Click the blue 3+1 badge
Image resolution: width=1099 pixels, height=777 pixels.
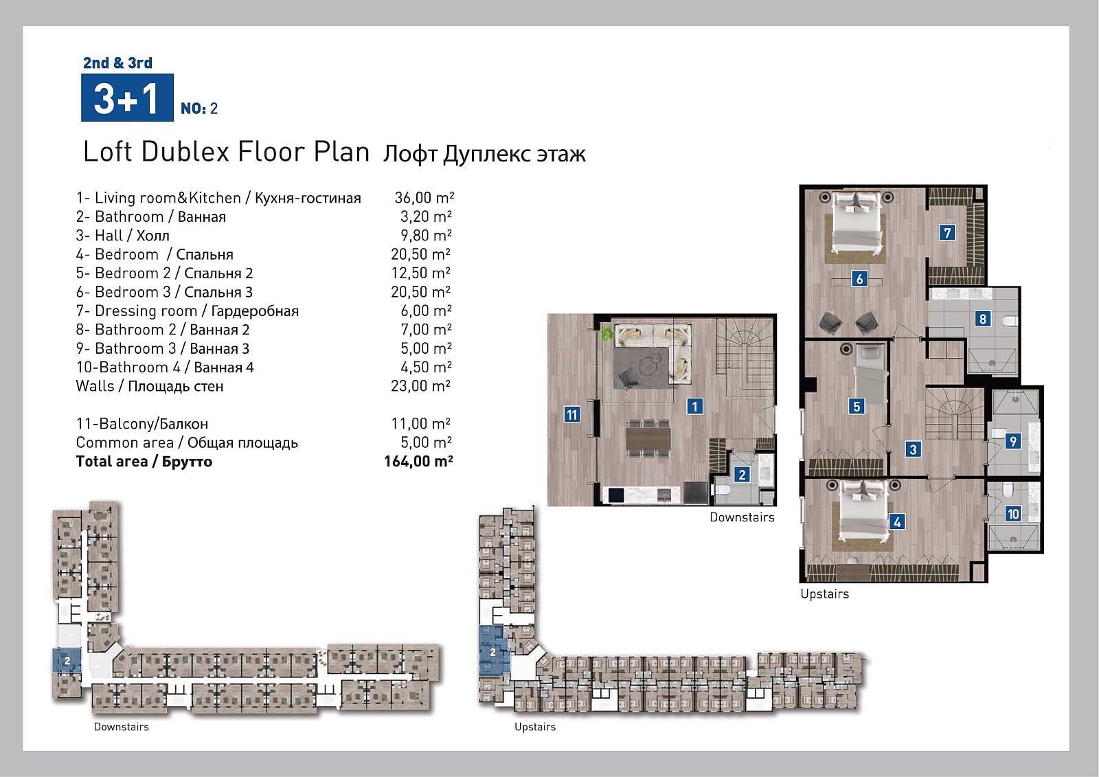coord(127,97)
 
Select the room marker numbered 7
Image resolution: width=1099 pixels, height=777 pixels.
coord(947,232)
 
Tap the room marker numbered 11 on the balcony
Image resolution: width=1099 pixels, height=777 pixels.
coord(571,415)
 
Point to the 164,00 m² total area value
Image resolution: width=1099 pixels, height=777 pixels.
coord(418,462)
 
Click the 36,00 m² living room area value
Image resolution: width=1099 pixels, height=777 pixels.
coord(424,197)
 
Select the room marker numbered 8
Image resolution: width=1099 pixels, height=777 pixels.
coord(982,319)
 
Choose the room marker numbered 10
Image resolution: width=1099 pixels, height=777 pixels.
coord(1012,514)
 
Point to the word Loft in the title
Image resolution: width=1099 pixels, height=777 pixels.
coord(107,151)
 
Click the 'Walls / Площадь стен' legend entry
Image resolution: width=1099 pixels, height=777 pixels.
coord(150,386)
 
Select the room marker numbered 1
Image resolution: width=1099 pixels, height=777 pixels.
coord(694,407)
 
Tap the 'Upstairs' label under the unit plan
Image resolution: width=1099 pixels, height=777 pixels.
coord(824,594)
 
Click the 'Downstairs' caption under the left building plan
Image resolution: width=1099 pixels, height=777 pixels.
coord(121,727)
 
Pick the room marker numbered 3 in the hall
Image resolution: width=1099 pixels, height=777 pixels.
coord(913,449)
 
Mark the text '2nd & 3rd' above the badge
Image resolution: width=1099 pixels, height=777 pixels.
coord(117,63)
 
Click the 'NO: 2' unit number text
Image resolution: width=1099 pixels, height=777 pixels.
coord(199,108)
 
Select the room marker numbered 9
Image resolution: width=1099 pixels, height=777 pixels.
coord(1012,441)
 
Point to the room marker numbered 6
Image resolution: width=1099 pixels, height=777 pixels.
coord(859,279)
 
